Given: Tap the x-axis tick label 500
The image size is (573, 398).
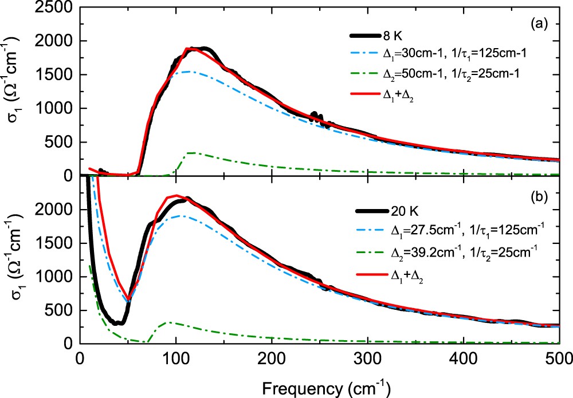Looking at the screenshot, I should point(559,357).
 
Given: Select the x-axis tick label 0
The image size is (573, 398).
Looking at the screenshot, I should point(80,357).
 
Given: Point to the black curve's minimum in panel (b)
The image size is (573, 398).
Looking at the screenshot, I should point(117,324).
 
